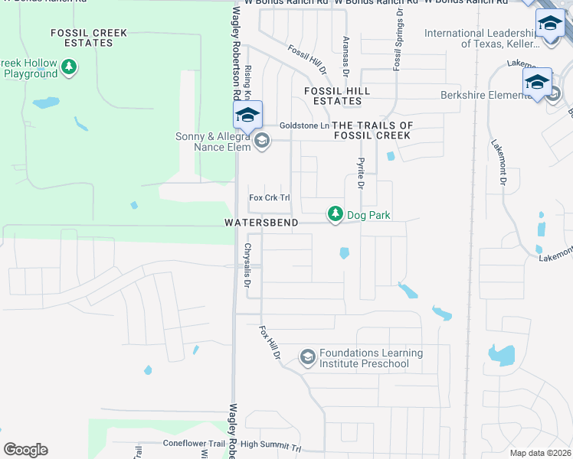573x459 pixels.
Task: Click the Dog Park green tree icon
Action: click(335, 215)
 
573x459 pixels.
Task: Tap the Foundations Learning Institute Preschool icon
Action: click(307, 357)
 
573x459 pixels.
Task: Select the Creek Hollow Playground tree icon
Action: click(69, 68)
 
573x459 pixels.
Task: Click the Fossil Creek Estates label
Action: click(88, 37)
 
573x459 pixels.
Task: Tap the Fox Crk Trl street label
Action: click(270, 197)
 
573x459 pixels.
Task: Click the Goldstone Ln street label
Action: click(304, 125)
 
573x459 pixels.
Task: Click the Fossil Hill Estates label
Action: click(337, 96)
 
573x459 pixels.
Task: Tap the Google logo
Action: click(25, 450)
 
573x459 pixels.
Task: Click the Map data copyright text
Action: click(540, 453)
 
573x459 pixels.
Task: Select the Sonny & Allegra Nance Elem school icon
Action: click(262, 140)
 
